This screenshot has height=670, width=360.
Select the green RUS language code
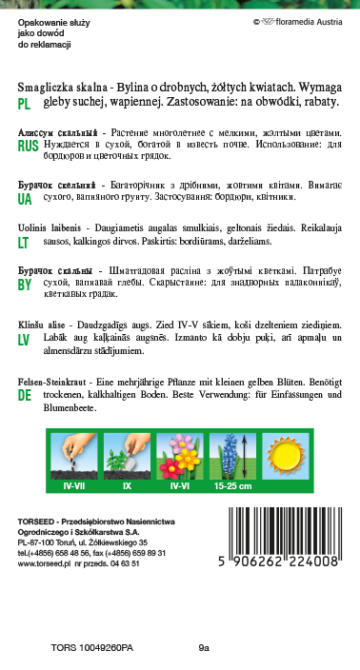coord(28,146)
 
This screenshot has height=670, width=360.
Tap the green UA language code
coord(25,199)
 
